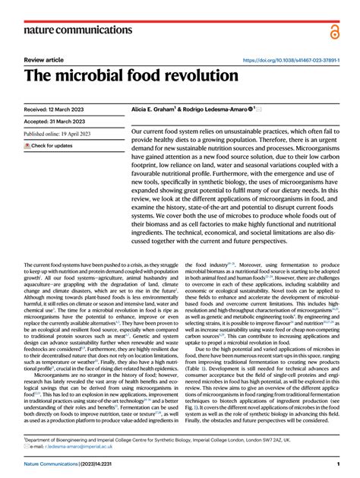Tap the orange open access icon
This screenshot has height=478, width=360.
point(334,30)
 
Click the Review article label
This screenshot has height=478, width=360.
point(44,59)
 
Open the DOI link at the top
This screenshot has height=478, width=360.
point(290,59)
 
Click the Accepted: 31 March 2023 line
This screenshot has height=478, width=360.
point(57,122)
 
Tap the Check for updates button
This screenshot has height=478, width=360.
point(49,145)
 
